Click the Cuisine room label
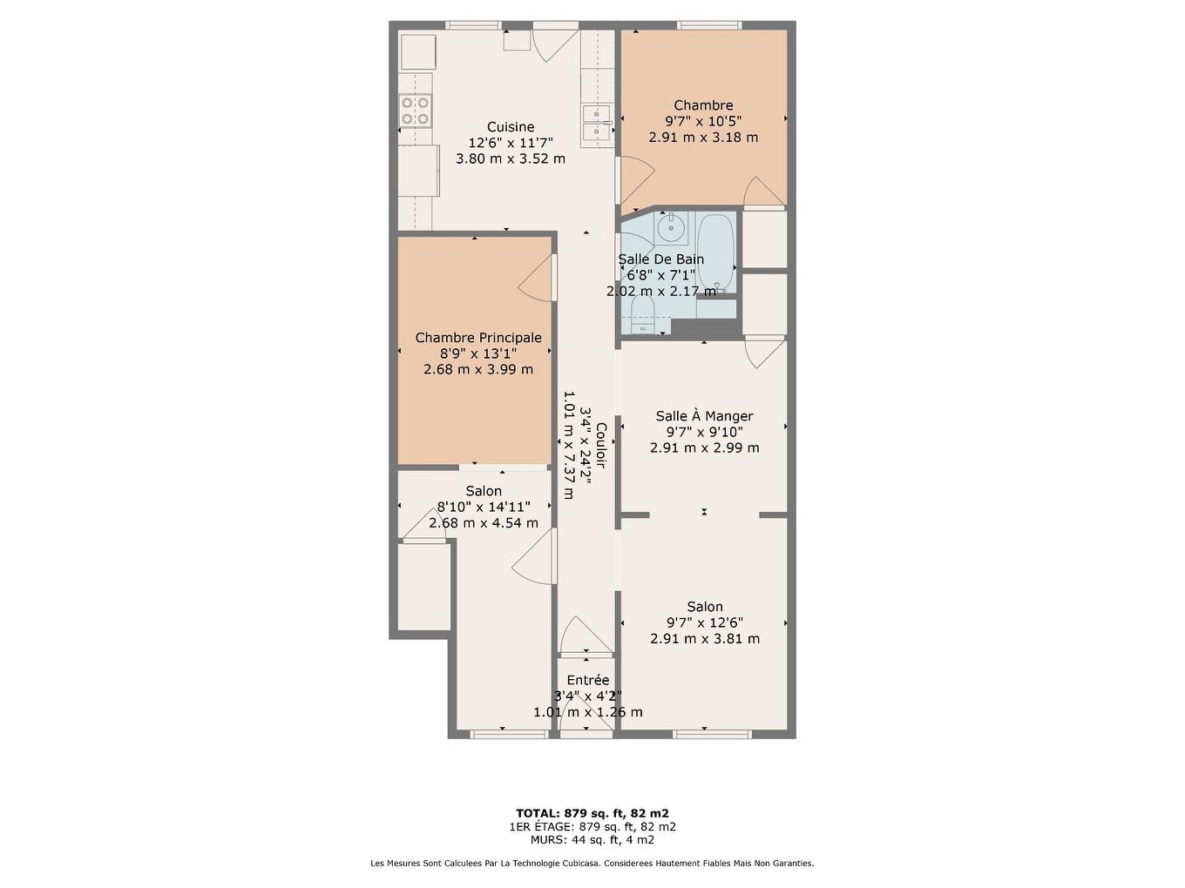511,127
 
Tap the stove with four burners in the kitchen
416,111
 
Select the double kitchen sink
597,122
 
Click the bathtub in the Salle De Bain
716,252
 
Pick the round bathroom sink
670,229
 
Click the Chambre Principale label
477,338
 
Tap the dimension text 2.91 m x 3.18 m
703,138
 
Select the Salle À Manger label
704,416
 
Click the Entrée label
588,681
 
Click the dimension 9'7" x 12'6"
704,622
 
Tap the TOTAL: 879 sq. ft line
592,813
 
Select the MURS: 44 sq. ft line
592,840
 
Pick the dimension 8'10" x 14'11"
483,508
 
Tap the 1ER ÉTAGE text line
592,827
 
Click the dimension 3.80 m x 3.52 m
511,158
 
